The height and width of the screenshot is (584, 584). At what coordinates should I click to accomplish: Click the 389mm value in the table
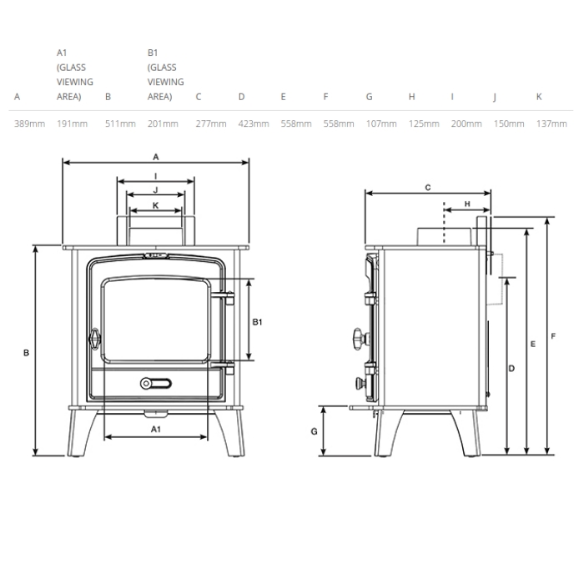point(29,123)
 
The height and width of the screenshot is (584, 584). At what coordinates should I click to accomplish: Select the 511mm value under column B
point(120,123)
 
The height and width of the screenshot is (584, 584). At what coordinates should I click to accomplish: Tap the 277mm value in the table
point(211,123)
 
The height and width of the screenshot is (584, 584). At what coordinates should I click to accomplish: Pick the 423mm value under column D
point(254,123)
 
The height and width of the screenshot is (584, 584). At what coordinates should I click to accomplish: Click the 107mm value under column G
point(381,123)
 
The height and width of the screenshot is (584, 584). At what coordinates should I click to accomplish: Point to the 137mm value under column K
point(551,123)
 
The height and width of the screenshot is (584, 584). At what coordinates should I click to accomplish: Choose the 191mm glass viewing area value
point(72,123)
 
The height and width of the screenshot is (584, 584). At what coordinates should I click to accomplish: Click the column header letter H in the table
point(411,97)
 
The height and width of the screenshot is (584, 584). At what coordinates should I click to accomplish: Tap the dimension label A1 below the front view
point(156,430)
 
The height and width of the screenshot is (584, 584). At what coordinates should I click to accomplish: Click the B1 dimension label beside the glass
point(257,322)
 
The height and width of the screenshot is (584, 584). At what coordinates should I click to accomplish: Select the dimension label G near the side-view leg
point(314,431)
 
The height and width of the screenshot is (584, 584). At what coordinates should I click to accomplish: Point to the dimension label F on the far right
point(553,336)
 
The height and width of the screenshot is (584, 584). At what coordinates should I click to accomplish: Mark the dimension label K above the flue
point(156,205)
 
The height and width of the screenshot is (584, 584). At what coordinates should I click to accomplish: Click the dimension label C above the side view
point(427,188)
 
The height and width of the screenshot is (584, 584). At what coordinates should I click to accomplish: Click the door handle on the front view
point(94,339)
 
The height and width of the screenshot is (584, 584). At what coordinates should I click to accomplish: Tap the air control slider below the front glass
point(156,383)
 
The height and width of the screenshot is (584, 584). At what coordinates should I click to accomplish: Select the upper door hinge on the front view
point(223,297)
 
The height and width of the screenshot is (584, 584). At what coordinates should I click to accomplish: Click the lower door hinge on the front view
point(223,367)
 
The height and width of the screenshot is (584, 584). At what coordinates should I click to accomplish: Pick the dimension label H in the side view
point(467,204)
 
